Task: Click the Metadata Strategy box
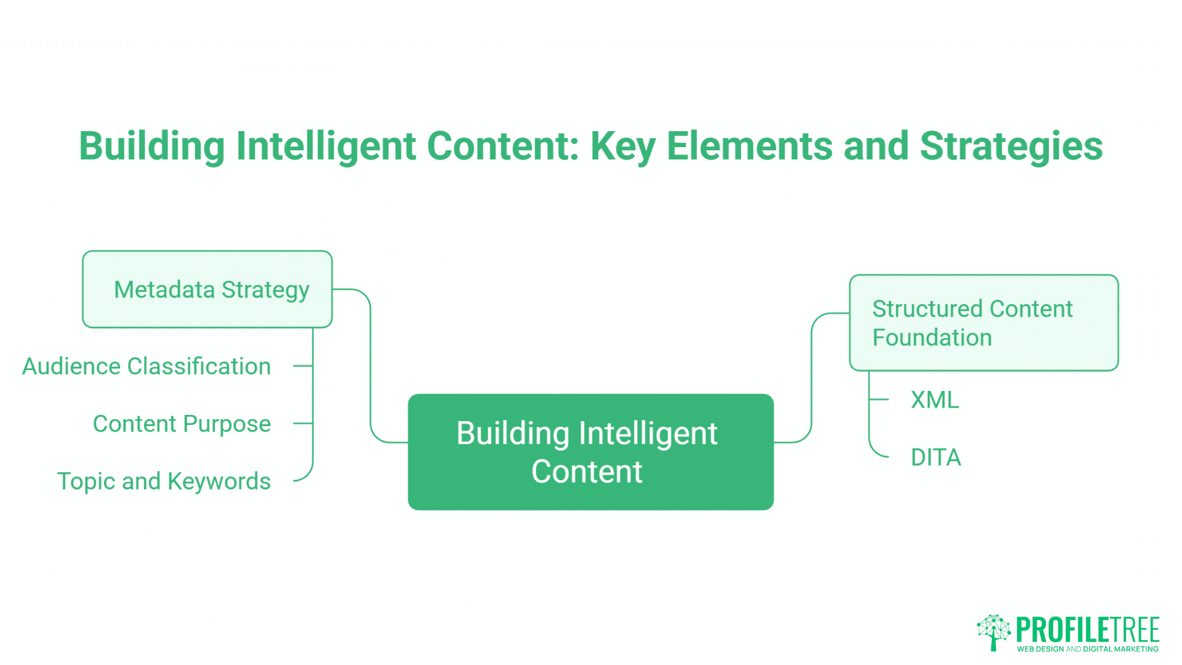tap(207, 289)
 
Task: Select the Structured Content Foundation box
tap(983, 323)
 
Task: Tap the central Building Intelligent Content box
tap(590, 452)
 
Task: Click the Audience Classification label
tap(147, 366)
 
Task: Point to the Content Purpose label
tap(182, 424)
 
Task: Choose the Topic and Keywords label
tap(164, 482)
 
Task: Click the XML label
tap(935, 400)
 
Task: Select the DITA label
tap(936, 457)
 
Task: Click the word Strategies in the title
tap(1011, 147)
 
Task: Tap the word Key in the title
tap(623, 147)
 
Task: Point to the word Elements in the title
tap(750, 147)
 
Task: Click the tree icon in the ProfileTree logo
tap(994, 632)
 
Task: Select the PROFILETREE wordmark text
tap(1088, 629)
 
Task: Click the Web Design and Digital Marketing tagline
tap(1088, 649)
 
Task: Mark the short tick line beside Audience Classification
tap(302, 366)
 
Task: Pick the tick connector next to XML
tap(879, 400)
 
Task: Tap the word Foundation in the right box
tap(932, 338)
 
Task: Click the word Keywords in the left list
tap(219, 482)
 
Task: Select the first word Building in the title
tap(153, 147)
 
